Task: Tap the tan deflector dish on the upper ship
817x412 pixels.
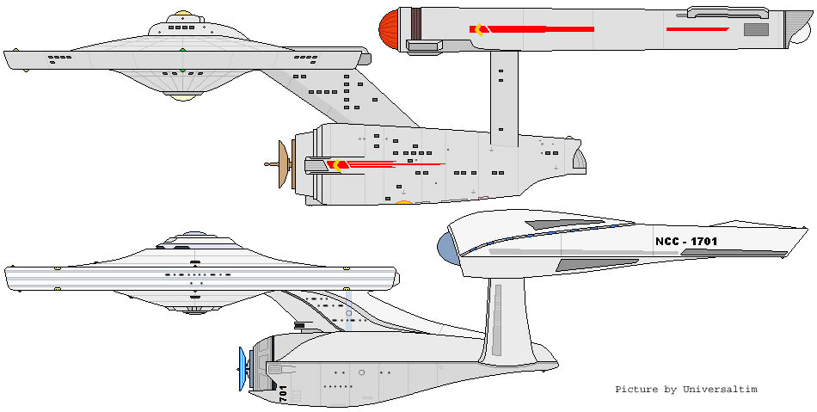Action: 282,163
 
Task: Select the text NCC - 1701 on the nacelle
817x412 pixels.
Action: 685,242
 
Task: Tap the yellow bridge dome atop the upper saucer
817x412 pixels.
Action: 182,15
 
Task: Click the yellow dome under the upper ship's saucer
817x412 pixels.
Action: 181,97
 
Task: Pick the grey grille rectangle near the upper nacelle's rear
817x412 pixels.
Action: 756,29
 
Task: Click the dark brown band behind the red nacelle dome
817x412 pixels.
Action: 415,29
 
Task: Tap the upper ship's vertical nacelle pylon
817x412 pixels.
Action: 503,95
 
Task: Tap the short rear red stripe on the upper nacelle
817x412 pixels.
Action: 697,29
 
